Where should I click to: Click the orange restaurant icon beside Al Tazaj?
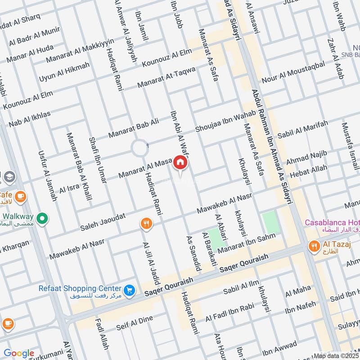314,246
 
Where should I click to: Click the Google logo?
19,353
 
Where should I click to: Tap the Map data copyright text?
336,355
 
